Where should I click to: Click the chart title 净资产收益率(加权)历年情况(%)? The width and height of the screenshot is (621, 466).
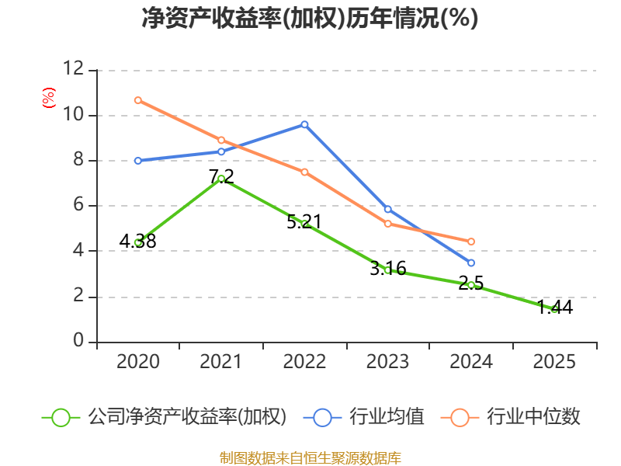[310, 18]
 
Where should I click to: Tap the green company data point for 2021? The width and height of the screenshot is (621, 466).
[221, 179]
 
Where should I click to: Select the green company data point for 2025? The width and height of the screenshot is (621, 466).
[554, 309]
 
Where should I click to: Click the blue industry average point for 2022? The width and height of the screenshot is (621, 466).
[304, 124]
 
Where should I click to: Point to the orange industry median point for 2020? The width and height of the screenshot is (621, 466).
[137, 100]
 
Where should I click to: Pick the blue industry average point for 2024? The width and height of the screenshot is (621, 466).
[471, 263]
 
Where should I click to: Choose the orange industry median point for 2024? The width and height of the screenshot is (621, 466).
[471, 242]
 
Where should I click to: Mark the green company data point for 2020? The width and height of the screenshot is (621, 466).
[137, 242]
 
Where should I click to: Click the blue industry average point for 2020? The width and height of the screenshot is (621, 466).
[137, 161]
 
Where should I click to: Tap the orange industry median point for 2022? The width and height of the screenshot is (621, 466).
[304, 172]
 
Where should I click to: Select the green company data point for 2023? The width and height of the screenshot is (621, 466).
[387, 270]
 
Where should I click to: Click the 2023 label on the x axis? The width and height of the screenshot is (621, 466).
[387, 362]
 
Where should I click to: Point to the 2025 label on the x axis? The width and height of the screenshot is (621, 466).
[554, 362]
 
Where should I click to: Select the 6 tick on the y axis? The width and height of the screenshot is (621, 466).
[78, 206]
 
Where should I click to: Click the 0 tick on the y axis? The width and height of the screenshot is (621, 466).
[78, 342]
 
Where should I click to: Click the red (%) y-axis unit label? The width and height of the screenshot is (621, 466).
[48, 99]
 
